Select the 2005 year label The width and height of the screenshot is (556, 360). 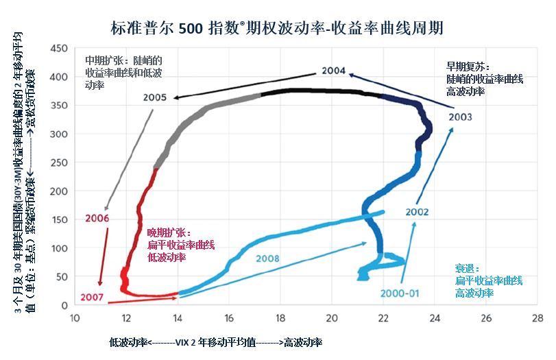[x=155, y=97]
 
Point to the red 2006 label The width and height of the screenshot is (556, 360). [x=97, y=218]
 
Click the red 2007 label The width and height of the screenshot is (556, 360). [x=92, y=297]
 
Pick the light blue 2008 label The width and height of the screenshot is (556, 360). [x=268, y=259]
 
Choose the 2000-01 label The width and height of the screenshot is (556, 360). [x=400, y=293]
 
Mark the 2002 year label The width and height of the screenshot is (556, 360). [x=417, y=212]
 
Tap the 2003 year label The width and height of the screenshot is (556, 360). [x=460, y=117]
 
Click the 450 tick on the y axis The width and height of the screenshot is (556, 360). [x=59, y=48]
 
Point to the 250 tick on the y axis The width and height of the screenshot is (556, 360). [x=59, y=163]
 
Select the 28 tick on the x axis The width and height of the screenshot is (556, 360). [x=537, y=318]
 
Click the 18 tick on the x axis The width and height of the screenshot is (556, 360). [x=280, y=318]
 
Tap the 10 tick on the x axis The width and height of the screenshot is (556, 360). [x=75, y=318]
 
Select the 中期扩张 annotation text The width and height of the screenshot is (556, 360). [x=123, y=73]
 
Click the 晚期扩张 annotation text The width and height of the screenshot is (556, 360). [x=180, y=245]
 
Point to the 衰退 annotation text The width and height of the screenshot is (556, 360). [x=488, y=280]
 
